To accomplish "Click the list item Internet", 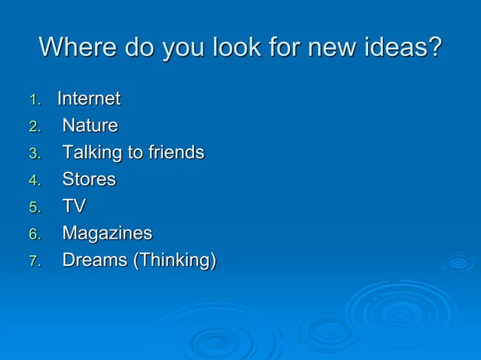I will click(89, 99).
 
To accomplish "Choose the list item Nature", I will click(90, 125).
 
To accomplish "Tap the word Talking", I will click(92, 153).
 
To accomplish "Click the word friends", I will click(176, 152).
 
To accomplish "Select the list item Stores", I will click(89, 179).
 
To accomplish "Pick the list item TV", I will click(74, 206).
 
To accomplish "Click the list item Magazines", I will click(107, 233).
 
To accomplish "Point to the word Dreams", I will click(94, 261).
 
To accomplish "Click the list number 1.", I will click(32, 99).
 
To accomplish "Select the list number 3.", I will click(32, 154).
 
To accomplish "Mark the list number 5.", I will click(32, 208).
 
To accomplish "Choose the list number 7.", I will click(32, 262).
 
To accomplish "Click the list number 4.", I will click(32, 181).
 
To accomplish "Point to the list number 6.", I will click(32, 235).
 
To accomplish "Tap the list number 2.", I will click(32, 127).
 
